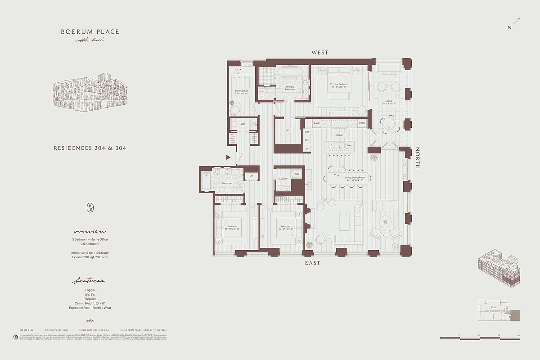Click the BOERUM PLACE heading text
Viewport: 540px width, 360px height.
[x=90, y=32]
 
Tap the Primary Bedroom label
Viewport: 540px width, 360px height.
[x=339, y=85]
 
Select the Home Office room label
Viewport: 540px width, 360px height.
[x=242, y=92]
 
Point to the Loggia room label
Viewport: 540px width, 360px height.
[x=389, y=102]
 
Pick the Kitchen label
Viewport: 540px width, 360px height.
[x=339, y=135]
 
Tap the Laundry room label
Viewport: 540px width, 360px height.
[x=283, y=179]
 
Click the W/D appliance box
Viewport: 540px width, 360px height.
[x=297, y=174]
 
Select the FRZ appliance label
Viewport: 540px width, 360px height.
[x=307, y=132]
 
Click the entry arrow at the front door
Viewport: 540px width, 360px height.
[x=229, y=157]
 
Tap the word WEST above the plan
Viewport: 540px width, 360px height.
[x=320, y=53]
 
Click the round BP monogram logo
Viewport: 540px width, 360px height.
[x=90, y=207]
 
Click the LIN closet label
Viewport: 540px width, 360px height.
[x=251, y=175]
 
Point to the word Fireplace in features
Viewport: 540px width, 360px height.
[x=90, y=299]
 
